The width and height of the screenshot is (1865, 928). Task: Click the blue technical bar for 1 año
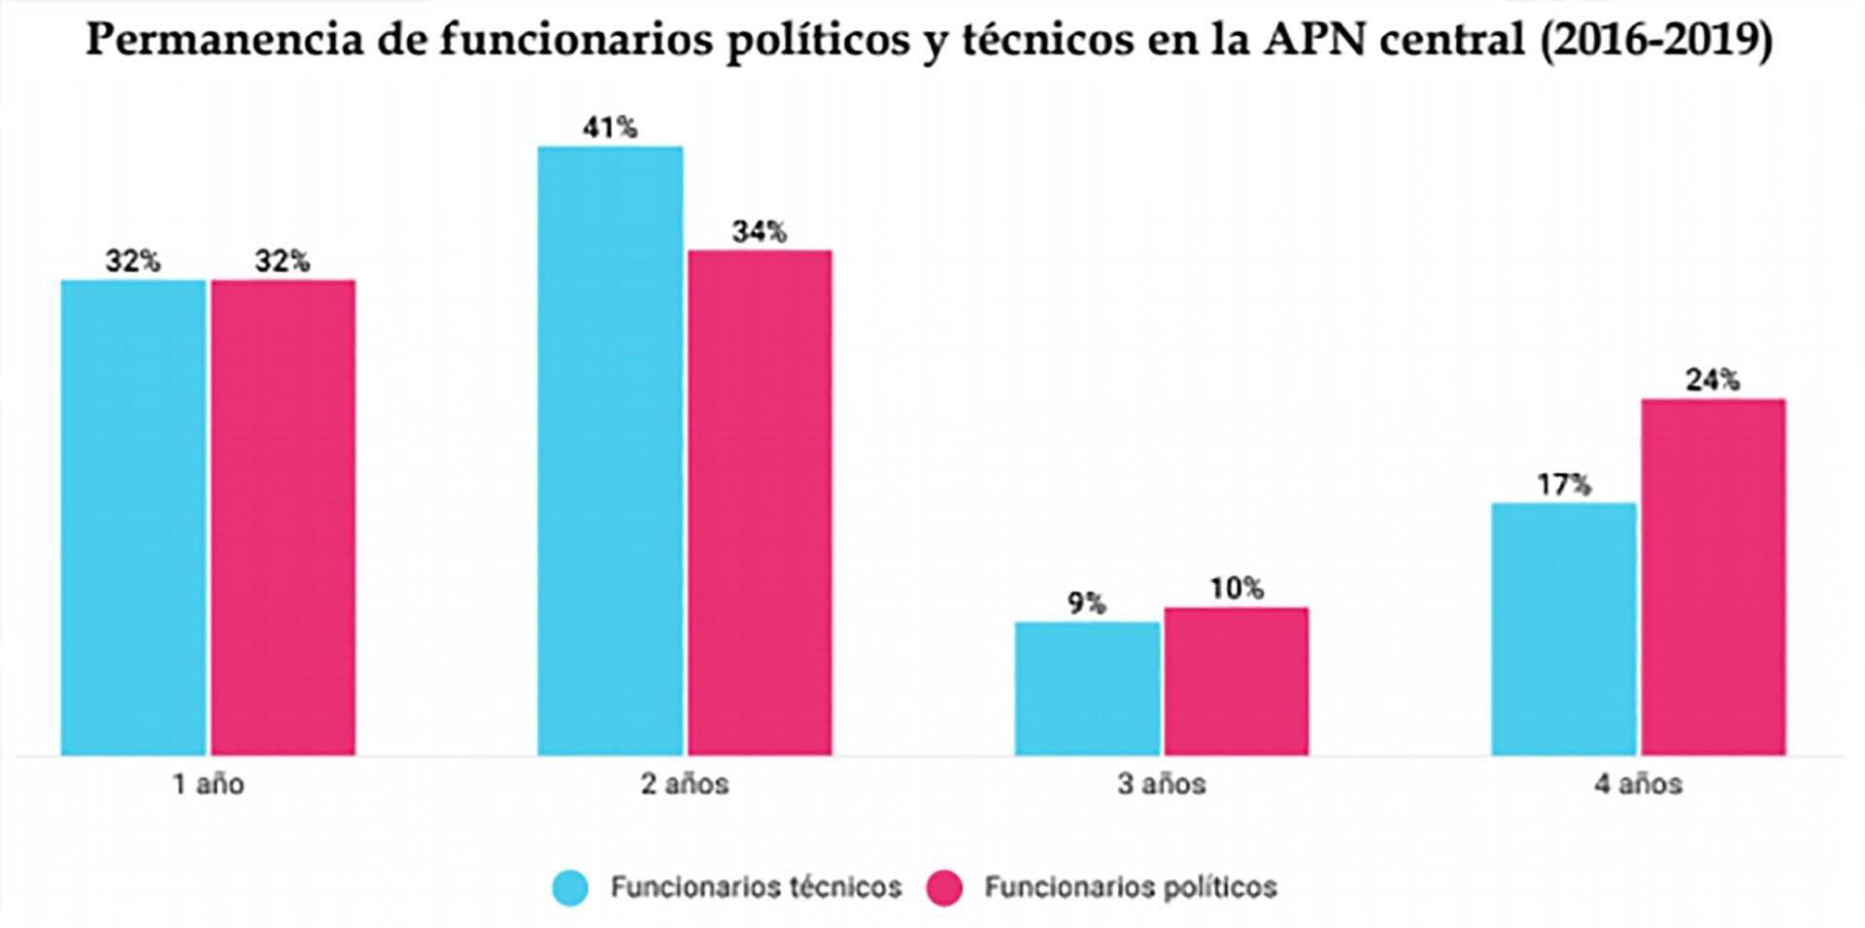[134, 517]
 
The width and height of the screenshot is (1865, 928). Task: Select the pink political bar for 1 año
[283, 517]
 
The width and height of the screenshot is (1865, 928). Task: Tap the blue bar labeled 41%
[610, 450]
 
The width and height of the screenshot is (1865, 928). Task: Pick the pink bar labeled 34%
[760, 502]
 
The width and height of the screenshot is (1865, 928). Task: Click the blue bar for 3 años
[1087, 688]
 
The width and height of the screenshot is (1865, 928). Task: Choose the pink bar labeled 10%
[1237, 681]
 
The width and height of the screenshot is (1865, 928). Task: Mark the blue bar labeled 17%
[1564, 629]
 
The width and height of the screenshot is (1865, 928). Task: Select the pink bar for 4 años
[1713, 576]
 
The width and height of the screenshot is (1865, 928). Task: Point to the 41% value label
[610, 127]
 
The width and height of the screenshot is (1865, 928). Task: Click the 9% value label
[1087, 603]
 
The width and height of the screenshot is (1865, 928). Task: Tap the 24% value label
[1712, 380]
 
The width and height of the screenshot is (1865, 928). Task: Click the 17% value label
[1564, 484]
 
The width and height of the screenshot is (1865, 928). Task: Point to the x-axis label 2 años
[685, 784]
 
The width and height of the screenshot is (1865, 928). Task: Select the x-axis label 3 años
[1162, 784]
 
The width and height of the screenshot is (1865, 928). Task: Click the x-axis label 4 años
[1639, 784]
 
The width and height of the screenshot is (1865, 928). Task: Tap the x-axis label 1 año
[209, 784]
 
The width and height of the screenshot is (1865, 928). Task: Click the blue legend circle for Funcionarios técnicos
[570, 887]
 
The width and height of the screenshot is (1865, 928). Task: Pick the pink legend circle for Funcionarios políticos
[944, 887]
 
